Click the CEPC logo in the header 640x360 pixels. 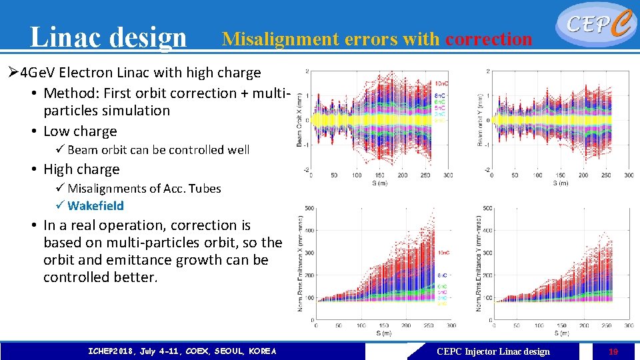pyautogui.click(x=594, y=24)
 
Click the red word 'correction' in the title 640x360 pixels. pyautogui.click(x=489, y=39)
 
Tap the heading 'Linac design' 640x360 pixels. pyautogui.click(x=109, y=37)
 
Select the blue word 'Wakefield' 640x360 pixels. pyautogui.click(x=95, y=206)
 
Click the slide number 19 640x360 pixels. pyautogui.click(x=612, y=351)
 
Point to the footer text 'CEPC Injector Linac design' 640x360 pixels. pyautogui.click(x=493, y=351)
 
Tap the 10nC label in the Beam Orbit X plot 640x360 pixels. pyautogui.click(x=441, y=83)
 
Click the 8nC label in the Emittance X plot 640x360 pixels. pyautogui.click(x=443, y=275)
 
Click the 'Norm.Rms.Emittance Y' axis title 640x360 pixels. pyautogui.click(x=479, y=263)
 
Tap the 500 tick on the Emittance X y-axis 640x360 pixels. pyautogui.click(x=310, y=209)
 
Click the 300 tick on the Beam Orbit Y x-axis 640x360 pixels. pyautogui.click(x=629, y=175)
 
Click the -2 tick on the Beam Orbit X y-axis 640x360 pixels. pyautogui.click(x=307, y=170)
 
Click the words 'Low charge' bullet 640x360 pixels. pyautogui.click(x=79, y=131)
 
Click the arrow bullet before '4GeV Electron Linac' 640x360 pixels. pyautogui.click(x=13, y=72)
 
